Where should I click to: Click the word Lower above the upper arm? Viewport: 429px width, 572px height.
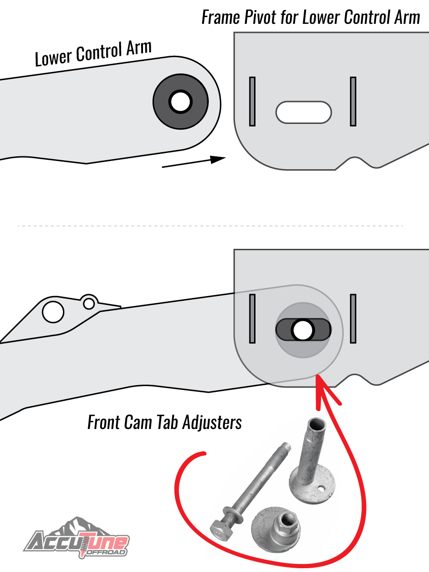pos(53,57)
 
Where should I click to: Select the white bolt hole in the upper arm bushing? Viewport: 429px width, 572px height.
pos(181,102)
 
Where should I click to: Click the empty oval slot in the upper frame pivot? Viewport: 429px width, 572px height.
pos(304,112)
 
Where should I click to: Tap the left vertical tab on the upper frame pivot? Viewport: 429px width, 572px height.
pos(252,102)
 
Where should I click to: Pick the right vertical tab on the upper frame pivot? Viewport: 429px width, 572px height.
pos(353,102)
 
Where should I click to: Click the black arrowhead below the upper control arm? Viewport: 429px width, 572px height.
pos(218,159)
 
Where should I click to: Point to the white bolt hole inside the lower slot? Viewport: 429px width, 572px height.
pos(303,330)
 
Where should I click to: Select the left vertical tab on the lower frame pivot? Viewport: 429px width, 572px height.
pos(252,319)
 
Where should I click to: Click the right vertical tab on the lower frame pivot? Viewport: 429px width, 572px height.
pos(353,319)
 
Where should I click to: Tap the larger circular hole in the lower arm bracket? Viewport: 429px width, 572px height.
pos(53,312)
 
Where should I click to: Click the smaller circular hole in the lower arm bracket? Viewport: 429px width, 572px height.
pos(89,304)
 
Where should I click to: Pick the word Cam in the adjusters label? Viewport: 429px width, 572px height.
pos(138,422)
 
